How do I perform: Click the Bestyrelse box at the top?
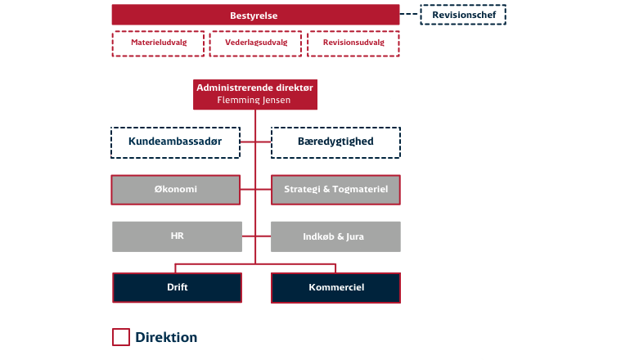click(255, 16)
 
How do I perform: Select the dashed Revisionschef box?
click(463, 15)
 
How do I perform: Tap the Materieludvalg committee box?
click(158, 43)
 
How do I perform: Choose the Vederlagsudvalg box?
click(255, 43)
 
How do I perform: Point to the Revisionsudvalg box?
click(353, 43)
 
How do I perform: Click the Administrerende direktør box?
click(254, 88)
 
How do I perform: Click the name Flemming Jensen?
click(254, 101)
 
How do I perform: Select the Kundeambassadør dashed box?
click(175, 142)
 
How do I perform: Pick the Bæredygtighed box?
click(335, 142)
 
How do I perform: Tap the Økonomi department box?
click(176, 189)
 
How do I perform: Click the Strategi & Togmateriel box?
click(335, 189)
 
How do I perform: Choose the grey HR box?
click(176, 236)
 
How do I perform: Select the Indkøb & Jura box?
click(335, 236)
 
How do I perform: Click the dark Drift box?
click(177, 288)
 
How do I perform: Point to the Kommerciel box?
click(335, 288)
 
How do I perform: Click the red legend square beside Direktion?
click(120, 337)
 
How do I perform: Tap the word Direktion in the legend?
click(166, 337)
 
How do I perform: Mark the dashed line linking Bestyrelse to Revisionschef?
click(410, 15)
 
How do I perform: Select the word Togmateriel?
click(358, 189)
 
